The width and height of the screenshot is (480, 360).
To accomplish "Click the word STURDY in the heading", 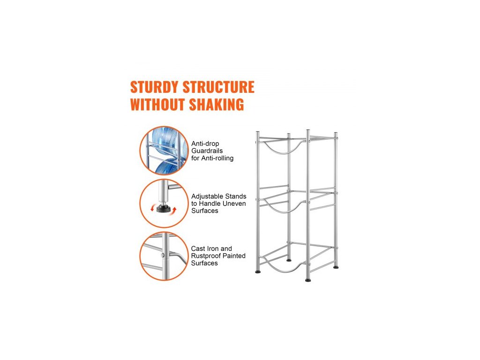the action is pos(154,87).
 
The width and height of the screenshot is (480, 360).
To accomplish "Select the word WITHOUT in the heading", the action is pos(157,105).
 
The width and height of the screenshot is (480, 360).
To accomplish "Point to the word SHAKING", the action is pos(216,105).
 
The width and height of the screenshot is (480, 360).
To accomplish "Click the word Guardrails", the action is pos(207,151).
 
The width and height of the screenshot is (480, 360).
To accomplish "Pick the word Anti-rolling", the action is pos(217,158).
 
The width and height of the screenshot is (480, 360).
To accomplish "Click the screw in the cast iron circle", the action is pos(162,255).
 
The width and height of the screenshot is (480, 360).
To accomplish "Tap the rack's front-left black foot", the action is pos(258,271).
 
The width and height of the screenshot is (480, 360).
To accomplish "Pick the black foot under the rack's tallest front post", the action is pos(308,280).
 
